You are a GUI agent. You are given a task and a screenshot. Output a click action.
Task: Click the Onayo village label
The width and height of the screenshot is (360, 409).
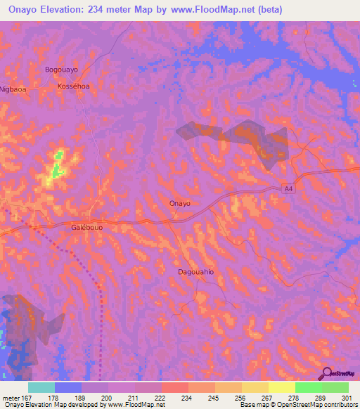180,203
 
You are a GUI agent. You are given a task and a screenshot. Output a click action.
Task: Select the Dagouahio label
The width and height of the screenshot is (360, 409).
195,271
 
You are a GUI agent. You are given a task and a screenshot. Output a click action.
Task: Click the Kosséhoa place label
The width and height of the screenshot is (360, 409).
73,85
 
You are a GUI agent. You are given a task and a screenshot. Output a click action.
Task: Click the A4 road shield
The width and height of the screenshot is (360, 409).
288,188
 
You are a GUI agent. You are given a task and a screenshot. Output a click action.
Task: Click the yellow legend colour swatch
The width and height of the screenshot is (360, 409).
282,387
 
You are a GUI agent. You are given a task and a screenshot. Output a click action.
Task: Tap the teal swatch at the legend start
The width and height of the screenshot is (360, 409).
41,387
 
